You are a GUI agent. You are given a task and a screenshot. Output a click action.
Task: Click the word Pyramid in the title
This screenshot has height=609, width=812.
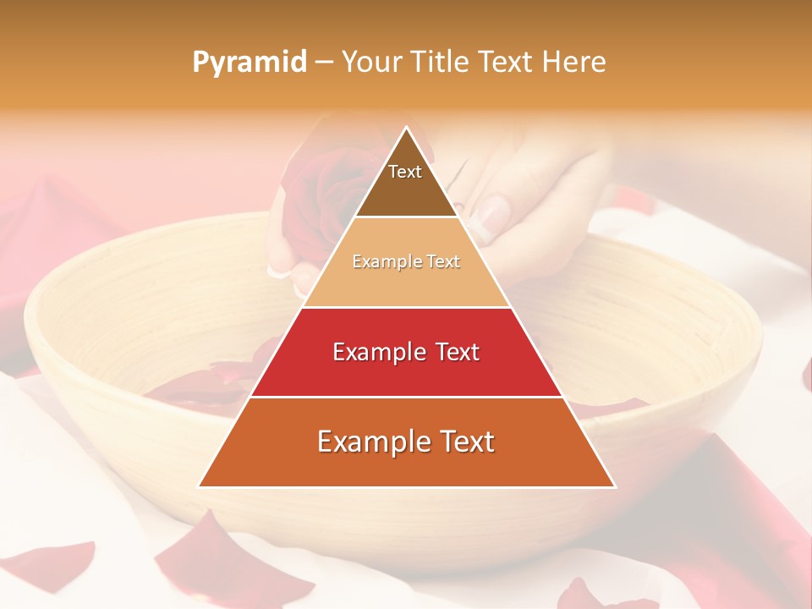click(x=250, y=63)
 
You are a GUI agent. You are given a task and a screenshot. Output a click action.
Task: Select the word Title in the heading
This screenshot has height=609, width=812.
click(x=442, y=62)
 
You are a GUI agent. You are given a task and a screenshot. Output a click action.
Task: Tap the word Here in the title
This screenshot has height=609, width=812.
click(x=573, y=62)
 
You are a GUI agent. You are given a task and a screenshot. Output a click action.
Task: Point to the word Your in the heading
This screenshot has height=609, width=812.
click(x=371, y=62)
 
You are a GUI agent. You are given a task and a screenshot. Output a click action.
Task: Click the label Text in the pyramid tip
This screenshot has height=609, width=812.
click(x=405, y=172)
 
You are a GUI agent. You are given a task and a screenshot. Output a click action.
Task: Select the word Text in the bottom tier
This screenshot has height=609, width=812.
click(x=460, y=442)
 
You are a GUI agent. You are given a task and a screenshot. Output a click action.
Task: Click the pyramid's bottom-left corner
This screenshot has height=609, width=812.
click(x=200, y=486)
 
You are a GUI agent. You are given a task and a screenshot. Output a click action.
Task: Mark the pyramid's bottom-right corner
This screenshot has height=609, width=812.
click(x=614, y=486)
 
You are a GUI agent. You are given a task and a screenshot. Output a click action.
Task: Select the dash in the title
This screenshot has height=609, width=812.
click(x=324, y=63)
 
